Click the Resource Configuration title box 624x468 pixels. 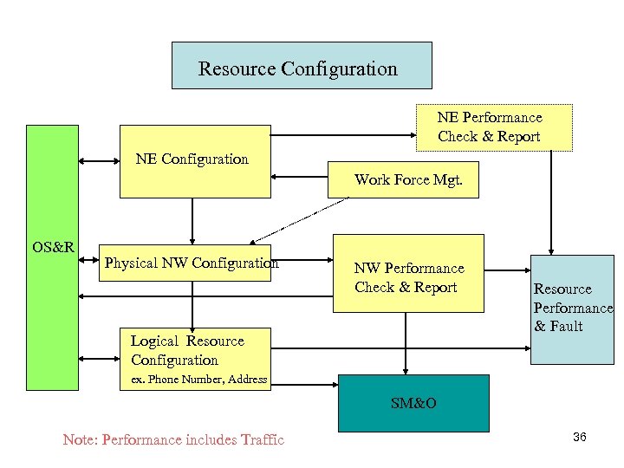[x=302, y=66]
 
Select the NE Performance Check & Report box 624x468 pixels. [x=494, y=127]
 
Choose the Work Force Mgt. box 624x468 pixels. [x=404, y=181]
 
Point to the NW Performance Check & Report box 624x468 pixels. [x=408, y=274]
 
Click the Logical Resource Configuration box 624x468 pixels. [x=187, y=351]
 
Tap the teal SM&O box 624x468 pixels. [x=413, y=403]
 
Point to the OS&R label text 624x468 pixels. [x=53, y=247]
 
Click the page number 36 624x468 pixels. [x=580, y=437]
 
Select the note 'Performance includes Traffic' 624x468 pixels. [x=173, y=439]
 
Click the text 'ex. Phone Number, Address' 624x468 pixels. [x=198, y=380]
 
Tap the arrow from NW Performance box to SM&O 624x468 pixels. [x=406, y=343]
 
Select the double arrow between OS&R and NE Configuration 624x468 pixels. [x=99, y=160]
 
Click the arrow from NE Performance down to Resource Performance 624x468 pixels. [x=549, y=204]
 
